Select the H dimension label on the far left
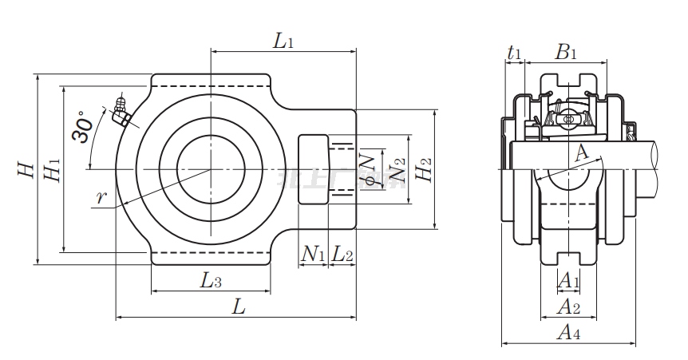coord(26,169)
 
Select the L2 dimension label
coord(342,255)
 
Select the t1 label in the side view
coord(515,53)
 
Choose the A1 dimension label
coord(567,280)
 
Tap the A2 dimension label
coord(567,307)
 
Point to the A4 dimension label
coord(567,333)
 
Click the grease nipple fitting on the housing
coord(122,113)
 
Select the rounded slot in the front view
coord(314,169)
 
